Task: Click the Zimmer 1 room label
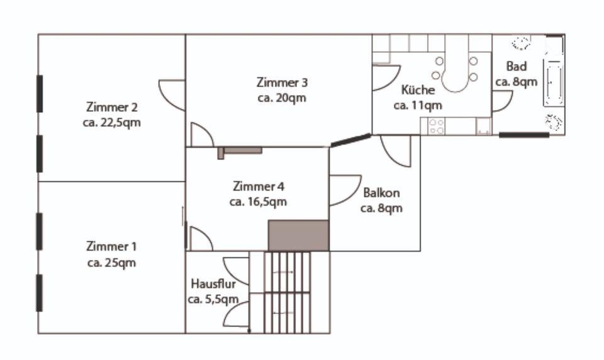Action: coord(111,246)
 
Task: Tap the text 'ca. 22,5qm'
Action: coord(111,123)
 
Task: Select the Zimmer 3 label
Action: coord(282,82)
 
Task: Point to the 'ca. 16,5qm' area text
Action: coord(258,202)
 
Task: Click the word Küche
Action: coord(417,91)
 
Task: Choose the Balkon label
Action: coord(381,193)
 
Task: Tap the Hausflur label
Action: coord(213,284)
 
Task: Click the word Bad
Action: coord(516,67)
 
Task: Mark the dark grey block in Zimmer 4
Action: coord(299,235)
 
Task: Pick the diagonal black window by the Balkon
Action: coord(350,140)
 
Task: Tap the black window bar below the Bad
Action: coord(524,135)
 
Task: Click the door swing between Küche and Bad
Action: coord(501,101)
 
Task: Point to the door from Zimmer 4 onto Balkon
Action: coord(344,191)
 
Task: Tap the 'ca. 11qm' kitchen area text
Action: coord(417,106)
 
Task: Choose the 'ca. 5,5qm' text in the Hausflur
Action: coord(213,299)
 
